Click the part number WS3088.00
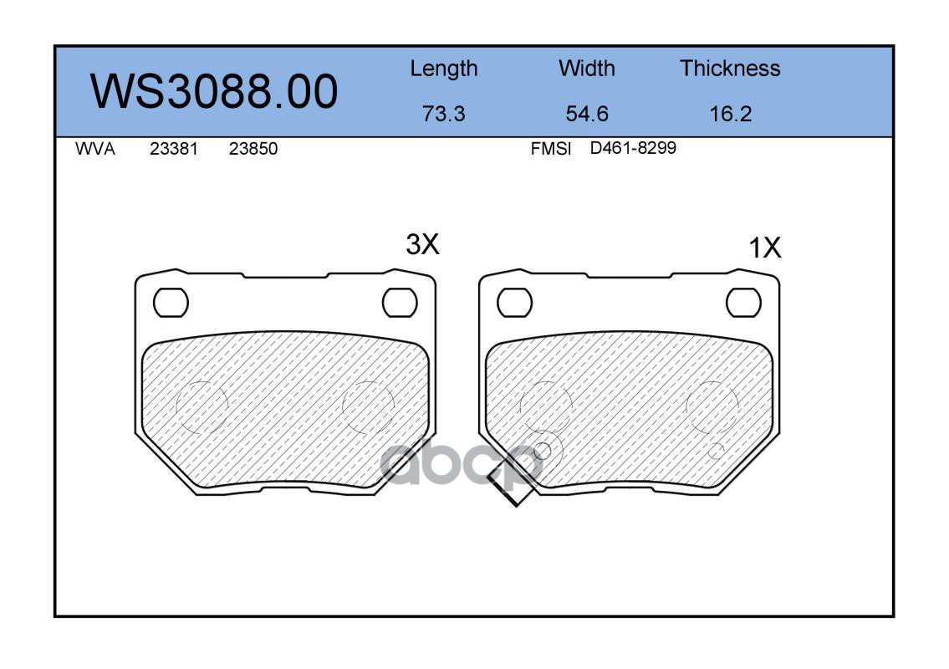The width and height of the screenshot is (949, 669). coord(214,91)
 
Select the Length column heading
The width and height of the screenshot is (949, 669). coord(444,69)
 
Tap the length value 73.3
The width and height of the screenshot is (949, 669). coord(444,114)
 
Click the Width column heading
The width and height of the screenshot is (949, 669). coord(586,69)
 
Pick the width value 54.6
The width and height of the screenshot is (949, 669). coord(586,114)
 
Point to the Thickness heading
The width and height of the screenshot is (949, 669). coord(730,69)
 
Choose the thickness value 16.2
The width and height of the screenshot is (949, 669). coord(731,114)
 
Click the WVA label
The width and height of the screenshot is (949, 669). coord(95,149)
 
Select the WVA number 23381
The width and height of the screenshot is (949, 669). coord(174,149)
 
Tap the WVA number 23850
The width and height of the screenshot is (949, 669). coord(253,149)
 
